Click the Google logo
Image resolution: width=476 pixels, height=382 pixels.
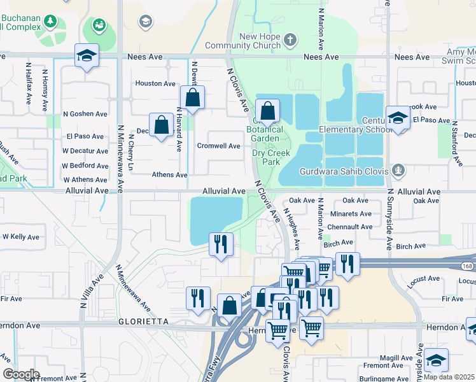[x=20, y=374]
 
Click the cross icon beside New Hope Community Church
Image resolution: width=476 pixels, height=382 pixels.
[x=290, y=40]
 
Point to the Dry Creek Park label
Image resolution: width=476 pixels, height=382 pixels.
[x=270, y=157]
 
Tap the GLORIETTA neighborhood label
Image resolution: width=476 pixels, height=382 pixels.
[x=144, y=322]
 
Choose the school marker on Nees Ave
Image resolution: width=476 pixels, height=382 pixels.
[x=87, y=55]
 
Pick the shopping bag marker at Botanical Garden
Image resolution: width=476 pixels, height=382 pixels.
[x=268, y=111]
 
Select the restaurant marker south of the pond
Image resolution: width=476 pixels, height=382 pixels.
[x=221, y=244]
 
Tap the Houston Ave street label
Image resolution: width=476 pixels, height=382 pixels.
[x=155, y=83]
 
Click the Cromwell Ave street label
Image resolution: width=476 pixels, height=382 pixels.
[x=218, y=146]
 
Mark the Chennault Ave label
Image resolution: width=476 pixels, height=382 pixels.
[x=349, y=227]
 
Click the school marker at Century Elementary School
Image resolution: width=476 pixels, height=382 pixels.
[x=398, y=118]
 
